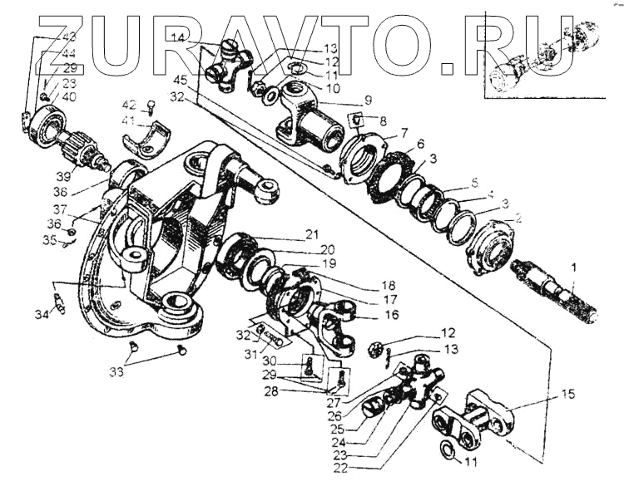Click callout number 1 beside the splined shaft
click(x=573, y=268)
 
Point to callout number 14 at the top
click(x=177, y=37)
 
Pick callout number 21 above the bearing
click(x=311, y=233)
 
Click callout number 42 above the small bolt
click(x=129, y=105)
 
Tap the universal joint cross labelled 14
click(x=229, y=66)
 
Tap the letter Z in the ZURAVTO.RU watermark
click(x=62, y=42)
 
